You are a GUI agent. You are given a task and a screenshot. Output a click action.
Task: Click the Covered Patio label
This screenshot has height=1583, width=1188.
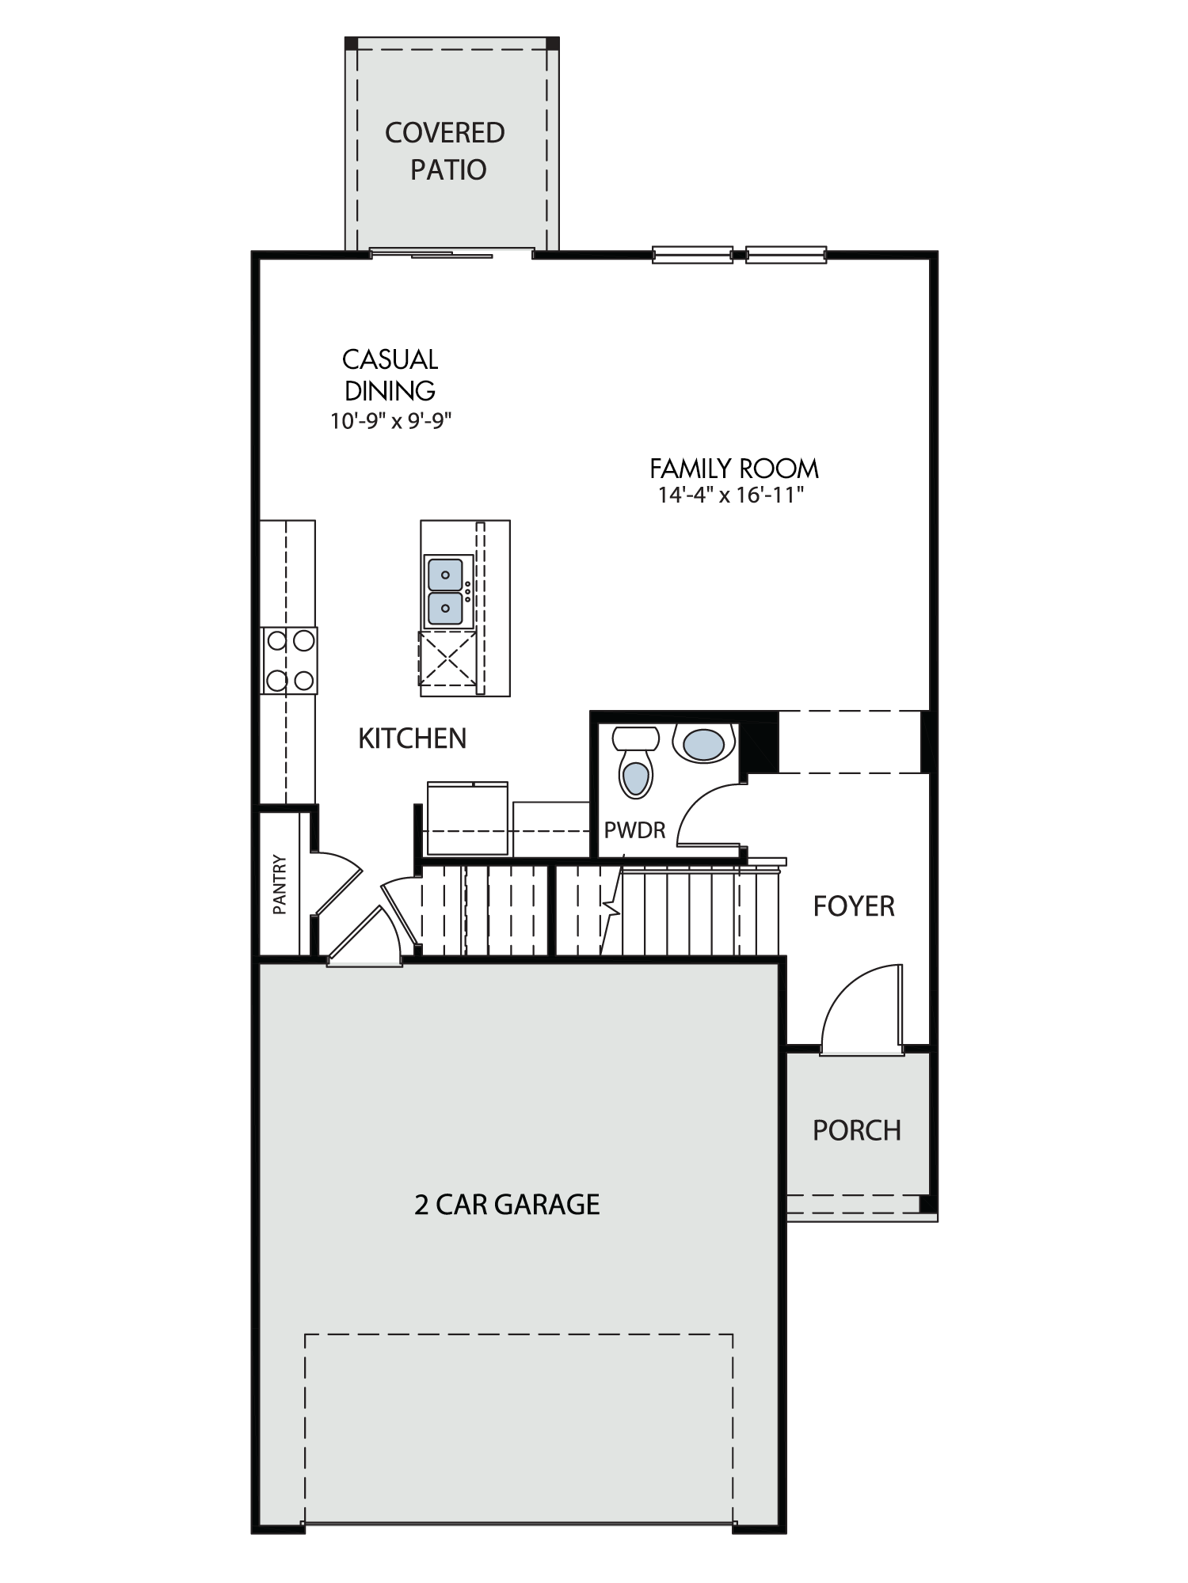[445, 151]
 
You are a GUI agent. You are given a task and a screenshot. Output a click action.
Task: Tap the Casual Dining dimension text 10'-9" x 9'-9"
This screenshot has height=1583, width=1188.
[391, 420]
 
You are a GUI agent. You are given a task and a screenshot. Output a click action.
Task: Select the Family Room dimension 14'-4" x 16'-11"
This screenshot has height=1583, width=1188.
[731, 495]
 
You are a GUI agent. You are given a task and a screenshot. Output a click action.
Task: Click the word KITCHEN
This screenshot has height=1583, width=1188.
[412, 738]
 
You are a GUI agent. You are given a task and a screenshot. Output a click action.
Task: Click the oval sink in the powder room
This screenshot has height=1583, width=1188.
[703, 744]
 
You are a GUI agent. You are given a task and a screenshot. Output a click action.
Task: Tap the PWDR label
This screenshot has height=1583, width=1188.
[634, 830]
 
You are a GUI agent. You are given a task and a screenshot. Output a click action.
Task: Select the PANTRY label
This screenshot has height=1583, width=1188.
[279, 884]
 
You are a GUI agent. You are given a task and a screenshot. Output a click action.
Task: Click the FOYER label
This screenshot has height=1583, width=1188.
[854, 906]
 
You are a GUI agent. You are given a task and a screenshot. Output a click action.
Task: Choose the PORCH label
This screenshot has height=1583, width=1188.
[857, 1130]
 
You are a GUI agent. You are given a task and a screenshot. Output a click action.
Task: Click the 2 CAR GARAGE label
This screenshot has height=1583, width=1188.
[507, 1205]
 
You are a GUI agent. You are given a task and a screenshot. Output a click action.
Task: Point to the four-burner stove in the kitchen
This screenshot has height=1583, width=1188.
[289, 661]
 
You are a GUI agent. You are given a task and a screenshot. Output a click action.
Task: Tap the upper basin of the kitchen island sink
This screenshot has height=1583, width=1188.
[445, 574]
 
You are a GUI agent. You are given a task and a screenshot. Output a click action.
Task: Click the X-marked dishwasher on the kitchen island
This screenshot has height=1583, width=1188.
[447, 659]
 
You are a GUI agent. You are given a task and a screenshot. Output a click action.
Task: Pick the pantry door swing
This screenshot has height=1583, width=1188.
[337, 883]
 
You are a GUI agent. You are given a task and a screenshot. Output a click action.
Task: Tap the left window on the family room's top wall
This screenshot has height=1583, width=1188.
[692, 255]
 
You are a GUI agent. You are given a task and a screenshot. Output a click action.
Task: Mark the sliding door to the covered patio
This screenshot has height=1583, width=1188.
[451, 253]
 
